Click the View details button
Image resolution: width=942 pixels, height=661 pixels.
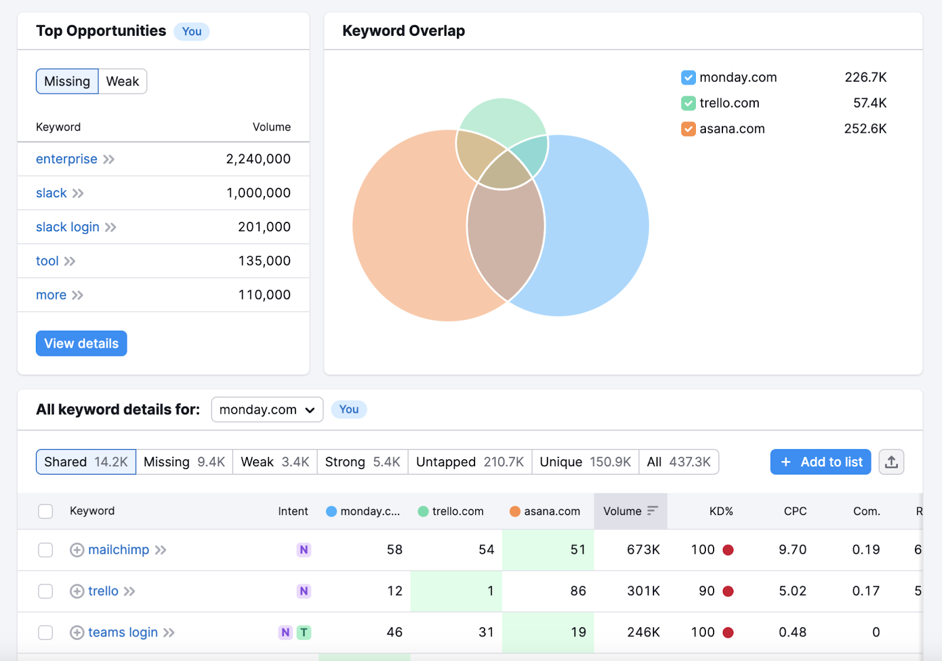(x=81, y=343)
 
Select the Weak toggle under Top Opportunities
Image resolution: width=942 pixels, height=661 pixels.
(x=122, y=81)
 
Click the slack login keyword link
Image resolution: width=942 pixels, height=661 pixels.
(x=68, y=227)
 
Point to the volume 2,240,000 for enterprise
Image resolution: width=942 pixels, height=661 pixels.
(x=258, y=159)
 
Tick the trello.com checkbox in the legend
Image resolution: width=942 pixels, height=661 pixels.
(x=688, y=103)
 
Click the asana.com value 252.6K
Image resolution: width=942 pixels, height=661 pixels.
(x=865, y=129)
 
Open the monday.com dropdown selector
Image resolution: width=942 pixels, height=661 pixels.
(x=267, y=410)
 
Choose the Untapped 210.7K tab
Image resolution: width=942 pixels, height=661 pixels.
(x=469, y=462)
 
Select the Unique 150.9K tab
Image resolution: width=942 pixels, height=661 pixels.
(x=585, y=462)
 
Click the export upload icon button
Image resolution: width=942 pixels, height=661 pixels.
(x=891, y=462)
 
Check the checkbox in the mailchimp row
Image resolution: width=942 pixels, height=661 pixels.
(x=45, y=550)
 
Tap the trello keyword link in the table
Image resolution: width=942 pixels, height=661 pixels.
(x=103, y=591)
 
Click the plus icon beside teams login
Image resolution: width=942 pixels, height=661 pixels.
(x=77, y=633)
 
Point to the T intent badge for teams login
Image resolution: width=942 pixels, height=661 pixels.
(x=304, y=633)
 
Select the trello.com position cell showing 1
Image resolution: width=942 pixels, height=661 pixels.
(x=456, y=591)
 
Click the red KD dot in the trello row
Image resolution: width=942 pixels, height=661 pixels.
(x=728, y=591)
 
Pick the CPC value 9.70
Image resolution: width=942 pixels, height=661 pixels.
(x=792, y=550)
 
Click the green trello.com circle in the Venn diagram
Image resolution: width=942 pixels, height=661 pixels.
(x=502, y=118)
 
